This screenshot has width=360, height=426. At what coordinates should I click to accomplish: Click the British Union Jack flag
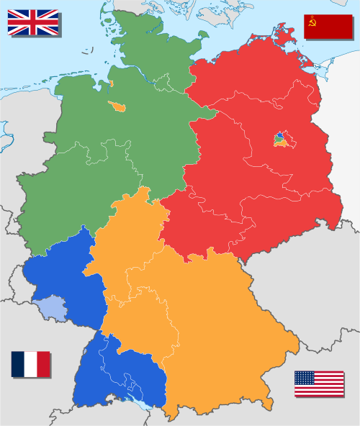33,22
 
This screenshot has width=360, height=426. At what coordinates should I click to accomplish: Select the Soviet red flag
328,26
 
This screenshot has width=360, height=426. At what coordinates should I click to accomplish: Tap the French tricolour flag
30,364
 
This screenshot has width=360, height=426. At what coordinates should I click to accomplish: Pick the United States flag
319,384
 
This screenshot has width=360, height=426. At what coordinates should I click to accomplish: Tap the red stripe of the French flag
44,364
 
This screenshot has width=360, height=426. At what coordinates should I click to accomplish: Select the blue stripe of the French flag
17,364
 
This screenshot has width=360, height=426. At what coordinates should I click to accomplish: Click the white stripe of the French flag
30,364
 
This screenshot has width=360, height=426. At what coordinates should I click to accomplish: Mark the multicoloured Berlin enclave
281,139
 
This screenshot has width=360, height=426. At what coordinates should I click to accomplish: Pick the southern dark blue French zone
122,374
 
